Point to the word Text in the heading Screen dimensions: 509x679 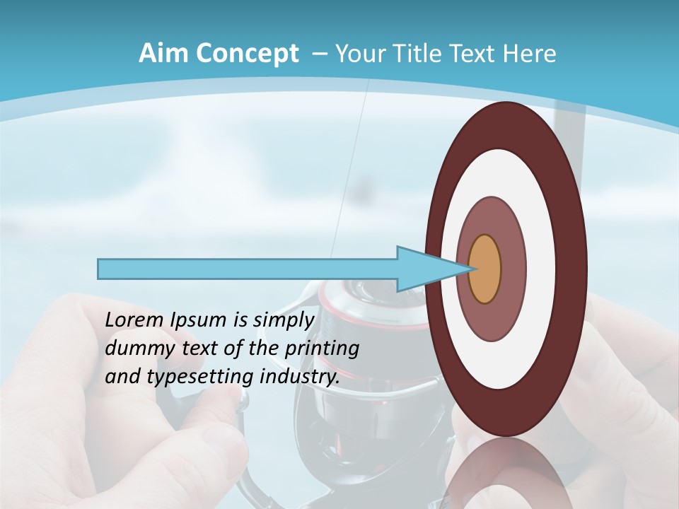point(475,54)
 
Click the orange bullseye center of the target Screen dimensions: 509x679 point(485,269)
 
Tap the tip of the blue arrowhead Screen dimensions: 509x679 point(472,269)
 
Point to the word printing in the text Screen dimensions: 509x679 point(321,349)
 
